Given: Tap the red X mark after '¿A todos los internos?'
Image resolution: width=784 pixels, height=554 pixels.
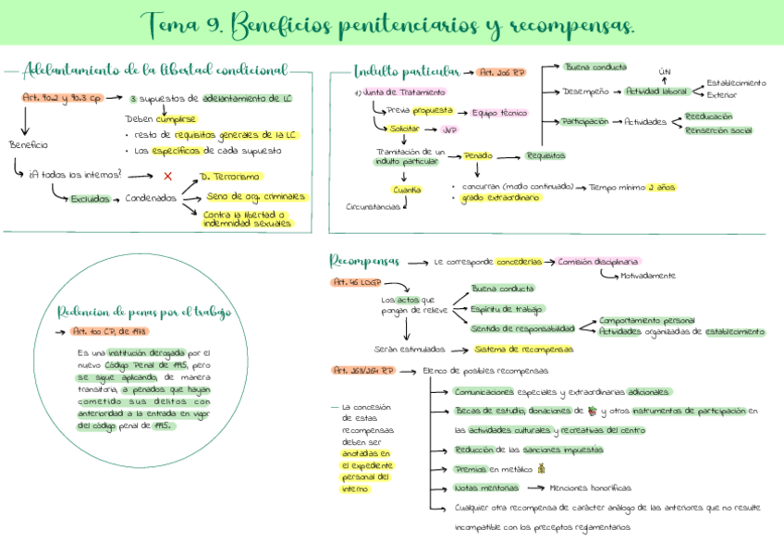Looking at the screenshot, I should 167,176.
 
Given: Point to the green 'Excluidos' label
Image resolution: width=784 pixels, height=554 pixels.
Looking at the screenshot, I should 90,199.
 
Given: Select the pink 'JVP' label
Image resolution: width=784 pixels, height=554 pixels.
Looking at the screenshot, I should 449,129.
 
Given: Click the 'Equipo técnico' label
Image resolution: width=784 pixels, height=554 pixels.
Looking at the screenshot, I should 498,113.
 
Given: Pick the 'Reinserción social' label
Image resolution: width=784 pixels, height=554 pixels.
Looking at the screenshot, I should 718,130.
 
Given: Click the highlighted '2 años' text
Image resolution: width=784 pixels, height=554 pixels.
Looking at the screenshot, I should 661,187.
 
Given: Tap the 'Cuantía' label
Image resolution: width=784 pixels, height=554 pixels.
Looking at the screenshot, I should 407,190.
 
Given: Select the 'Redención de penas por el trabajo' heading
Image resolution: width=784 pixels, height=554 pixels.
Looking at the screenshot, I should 144,312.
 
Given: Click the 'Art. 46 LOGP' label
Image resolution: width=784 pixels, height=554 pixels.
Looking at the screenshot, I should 355,281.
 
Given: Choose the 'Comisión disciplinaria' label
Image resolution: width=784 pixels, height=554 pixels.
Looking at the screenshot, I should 598,262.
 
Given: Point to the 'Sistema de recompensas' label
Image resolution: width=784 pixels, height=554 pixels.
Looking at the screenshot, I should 523,350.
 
